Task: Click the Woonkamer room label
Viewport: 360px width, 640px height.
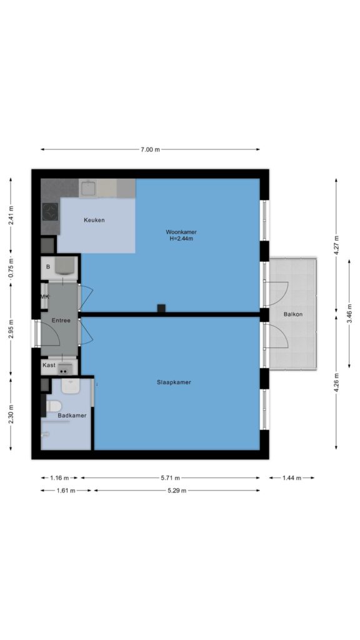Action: [181, 232]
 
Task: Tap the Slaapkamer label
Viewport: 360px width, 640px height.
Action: [174, 382]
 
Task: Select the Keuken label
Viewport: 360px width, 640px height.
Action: [94, 220]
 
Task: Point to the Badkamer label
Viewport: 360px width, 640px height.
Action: [72, 416]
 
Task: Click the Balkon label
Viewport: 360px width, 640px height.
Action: [293, 314]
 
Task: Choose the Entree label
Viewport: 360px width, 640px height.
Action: [61, 321]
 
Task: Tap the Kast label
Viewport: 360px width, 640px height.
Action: [49, 365]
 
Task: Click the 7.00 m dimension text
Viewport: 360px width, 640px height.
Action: [150, 149]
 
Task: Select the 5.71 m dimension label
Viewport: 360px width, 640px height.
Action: [170, 478]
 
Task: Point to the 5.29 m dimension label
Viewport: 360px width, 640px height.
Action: [177, 491]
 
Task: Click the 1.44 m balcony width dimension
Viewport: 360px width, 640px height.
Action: [292, 478]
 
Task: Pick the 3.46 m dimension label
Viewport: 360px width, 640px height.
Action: [349, 314]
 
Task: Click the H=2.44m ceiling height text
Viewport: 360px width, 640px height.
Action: [181, 239]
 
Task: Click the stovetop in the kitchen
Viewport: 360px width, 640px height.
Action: [50, 212]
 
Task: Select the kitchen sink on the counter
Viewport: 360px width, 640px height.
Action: [87, 189]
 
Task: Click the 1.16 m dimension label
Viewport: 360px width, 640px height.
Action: [59, 478]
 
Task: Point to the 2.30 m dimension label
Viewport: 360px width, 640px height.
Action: [11, 414]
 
